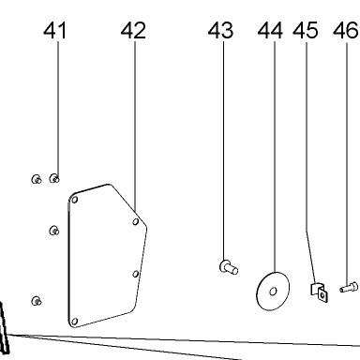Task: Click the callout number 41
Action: pyautogui.click(x=55, y=31)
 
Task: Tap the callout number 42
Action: pyautogui.click(x=133, y=31)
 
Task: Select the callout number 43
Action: pyautogui.click(x=220, y=31)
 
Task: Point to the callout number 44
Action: pyautogui.click(x=270, y=31)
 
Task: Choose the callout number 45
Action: pyautogui.click(x=306, y=31)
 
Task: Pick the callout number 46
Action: pyautogui.click(x=345, y=31)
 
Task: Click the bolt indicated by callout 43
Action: pyautogui.click(x=229, y=267)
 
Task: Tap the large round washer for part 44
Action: pyautogui.click(x=273, y=292)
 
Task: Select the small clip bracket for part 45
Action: pyautogui.click(x=319, y=292)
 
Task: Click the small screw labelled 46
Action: pyautogui.click(x=349, y=287)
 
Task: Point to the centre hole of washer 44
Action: pyautogui.click(x=273, y=292)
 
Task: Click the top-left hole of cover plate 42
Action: pyautogui.click(x=75, y=200)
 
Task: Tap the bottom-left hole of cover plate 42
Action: pyautogui.click(x=74, y=322)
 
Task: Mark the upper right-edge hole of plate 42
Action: pyautogui.click(x=136, y=222)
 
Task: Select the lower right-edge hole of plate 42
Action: pyautogui.click(x=135, y=274)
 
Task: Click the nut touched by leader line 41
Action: pyautogui.click(x=54, y=179)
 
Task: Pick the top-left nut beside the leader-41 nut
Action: pyautogui.click(x=37, y=179)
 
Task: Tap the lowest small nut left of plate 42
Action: pyautogui.click(x=37, y=301)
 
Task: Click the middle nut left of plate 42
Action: pyautogui.click(x=54, y=231)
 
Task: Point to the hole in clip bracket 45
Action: pyautogui.click(x=322, y=294)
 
